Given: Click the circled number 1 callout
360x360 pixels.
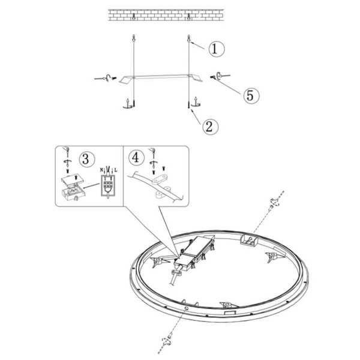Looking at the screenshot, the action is tap(217, 49).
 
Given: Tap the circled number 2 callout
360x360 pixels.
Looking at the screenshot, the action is tap(211, 127).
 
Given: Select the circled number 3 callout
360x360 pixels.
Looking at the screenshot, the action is tap(87, 159).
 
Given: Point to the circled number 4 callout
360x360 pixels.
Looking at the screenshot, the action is tap(136, 158).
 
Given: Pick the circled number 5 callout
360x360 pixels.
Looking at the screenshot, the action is tap(251, 95).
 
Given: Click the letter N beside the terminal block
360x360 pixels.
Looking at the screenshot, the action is tap(101, 170).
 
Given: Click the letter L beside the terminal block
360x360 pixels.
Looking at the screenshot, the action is tap(116, 170).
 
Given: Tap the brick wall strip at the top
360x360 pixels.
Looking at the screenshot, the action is tap(166, 15).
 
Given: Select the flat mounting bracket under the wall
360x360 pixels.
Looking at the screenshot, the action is tap(161, 78).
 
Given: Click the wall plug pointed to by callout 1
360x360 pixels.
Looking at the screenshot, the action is tap(189, 38).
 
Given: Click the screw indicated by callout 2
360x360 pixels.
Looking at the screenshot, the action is tap(188, 104).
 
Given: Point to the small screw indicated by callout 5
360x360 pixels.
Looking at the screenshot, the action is tap(212, 77).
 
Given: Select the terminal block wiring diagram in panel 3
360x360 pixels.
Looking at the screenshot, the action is tap(107, 184).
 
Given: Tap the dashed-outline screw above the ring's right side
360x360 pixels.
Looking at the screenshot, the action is tap(274, 202).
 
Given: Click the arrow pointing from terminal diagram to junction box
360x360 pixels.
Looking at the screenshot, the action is tap(91, 185).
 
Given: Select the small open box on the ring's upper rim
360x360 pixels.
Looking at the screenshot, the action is tap(249, 239).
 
